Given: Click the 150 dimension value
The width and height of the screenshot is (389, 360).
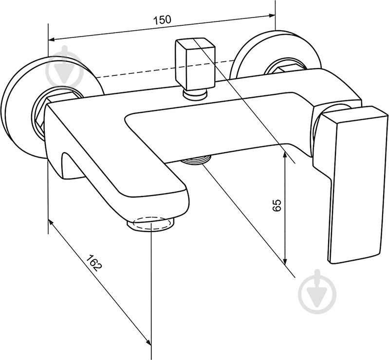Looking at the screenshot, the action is click(162, 20).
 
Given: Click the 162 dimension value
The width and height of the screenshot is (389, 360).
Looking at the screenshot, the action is click(94, 263).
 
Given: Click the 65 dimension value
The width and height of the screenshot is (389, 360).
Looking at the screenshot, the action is click(277, 205).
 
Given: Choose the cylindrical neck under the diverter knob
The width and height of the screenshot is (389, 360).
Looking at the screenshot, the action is click(195, 94).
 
